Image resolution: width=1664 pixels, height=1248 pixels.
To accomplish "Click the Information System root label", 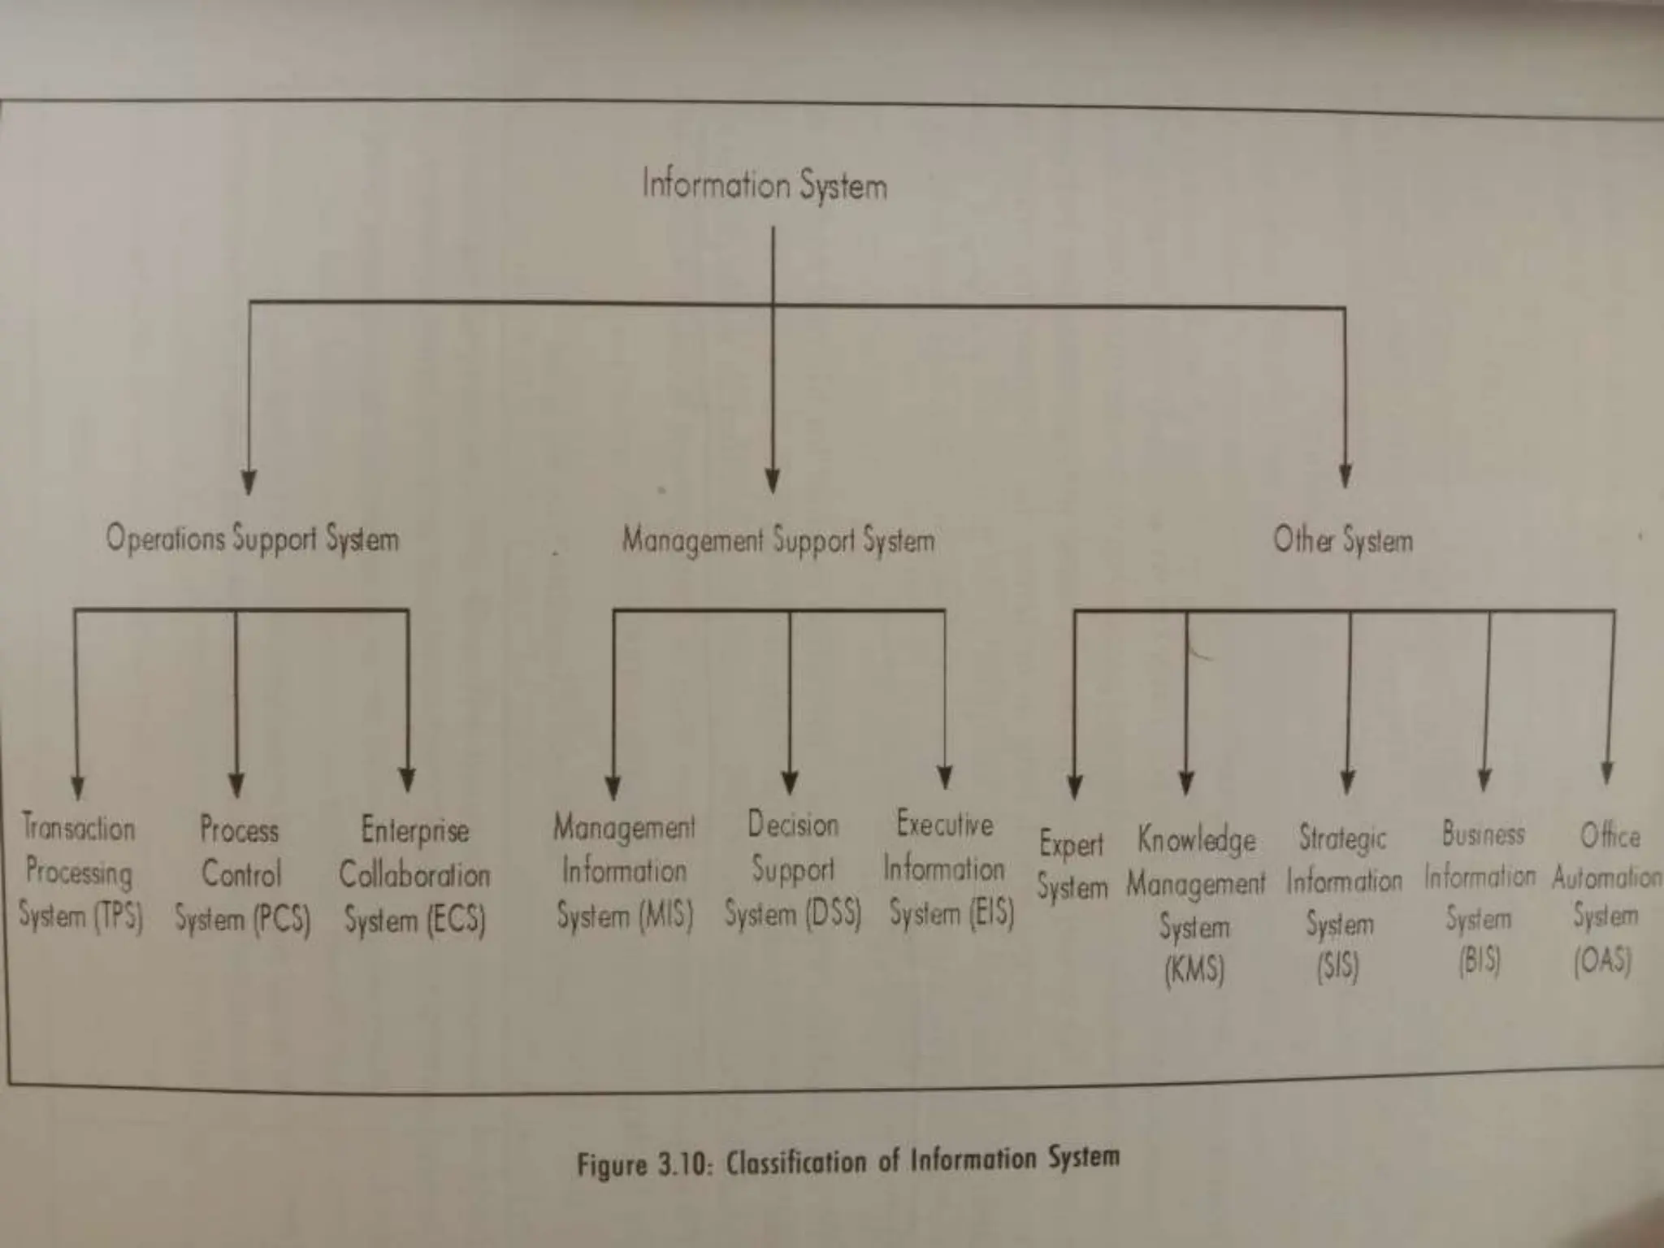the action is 764,185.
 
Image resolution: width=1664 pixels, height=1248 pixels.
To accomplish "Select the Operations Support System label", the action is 252,539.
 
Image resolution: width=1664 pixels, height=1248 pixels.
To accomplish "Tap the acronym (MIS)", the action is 665,916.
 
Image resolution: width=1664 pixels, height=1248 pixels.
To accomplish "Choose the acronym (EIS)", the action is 991,912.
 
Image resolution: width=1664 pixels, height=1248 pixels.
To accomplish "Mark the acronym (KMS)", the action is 1194,970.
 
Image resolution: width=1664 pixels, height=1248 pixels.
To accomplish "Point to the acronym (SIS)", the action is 1337,967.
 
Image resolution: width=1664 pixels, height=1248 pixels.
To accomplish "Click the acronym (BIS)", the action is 1479,962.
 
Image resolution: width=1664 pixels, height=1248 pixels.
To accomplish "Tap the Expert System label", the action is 1072,866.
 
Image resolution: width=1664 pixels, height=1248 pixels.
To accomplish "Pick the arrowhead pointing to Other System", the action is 1345,476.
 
